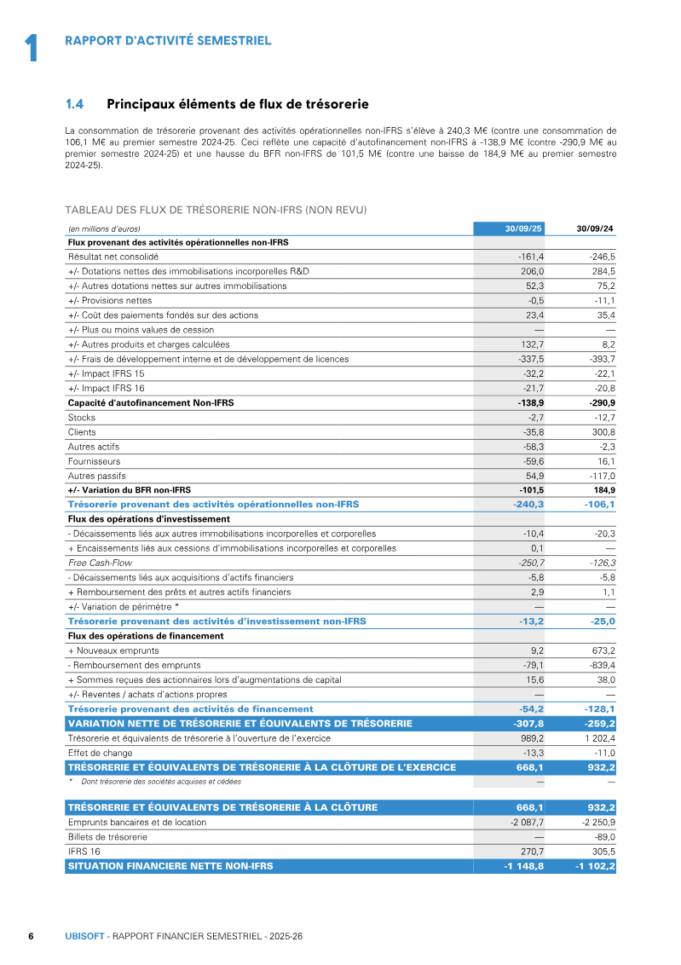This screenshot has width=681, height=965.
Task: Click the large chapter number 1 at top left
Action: coord(32,48)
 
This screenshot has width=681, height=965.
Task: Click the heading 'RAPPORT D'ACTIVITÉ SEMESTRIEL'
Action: coord(168,40)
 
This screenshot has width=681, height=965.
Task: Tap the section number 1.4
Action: coord(74,105)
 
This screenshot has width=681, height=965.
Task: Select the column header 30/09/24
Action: coord(595,228)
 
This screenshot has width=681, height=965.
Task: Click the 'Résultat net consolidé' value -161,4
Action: coord(531,257)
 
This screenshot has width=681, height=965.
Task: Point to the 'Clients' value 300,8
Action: coord(601,432)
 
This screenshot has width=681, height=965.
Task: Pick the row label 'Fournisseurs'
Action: coord(94,461)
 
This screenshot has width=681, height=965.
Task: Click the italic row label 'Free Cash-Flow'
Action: coord(100,563)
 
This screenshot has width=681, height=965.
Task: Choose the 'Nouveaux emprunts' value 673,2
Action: coord(601,650)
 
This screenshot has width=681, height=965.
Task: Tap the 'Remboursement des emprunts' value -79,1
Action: coord(532,665)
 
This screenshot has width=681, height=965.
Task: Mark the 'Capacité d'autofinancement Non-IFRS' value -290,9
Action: coord(598,402)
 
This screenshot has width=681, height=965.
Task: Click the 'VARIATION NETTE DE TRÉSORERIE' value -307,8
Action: coord(528,724)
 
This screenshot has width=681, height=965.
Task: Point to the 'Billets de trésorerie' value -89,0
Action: coord(602,837)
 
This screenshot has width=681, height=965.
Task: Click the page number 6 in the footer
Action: coord(31,936)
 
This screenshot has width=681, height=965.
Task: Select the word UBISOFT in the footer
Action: coord(84,936)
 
